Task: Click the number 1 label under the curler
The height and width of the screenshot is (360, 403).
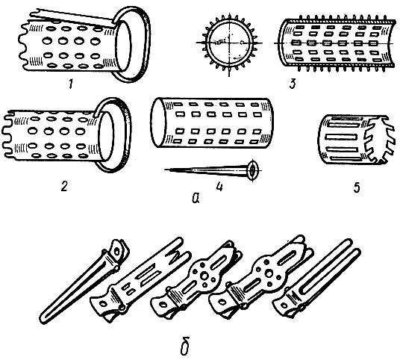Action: tap(71, 84)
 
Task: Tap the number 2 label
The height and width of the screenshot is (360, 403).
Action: tap(63, 186)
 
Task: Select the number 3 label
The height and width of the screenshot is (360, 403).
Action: tap(293, 84)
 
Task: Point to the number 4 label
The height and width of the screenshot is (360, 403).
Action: tap(219, 187)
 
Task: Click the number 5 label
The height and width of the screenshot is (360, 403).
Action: tap(357, 187)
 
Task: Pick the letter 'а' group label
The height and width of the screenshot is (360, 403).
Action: tap(196, 198)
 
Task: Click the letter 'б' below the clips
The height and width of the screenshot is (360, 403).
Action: tap(184, 347)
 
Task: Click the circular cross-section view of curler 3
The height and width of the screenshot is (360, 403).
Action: tap(229, 43)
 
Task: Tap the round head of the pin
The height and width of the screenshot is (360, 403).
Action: tap(253, 170)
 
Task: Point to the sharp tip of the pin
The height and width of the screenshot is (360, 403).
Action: tap(165, 170)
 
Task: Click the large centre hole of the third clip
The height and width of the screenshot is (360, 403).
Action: tap(204, 276)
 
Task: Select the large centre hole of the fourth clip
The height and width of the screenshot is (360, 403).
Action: tap(269, 274)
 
